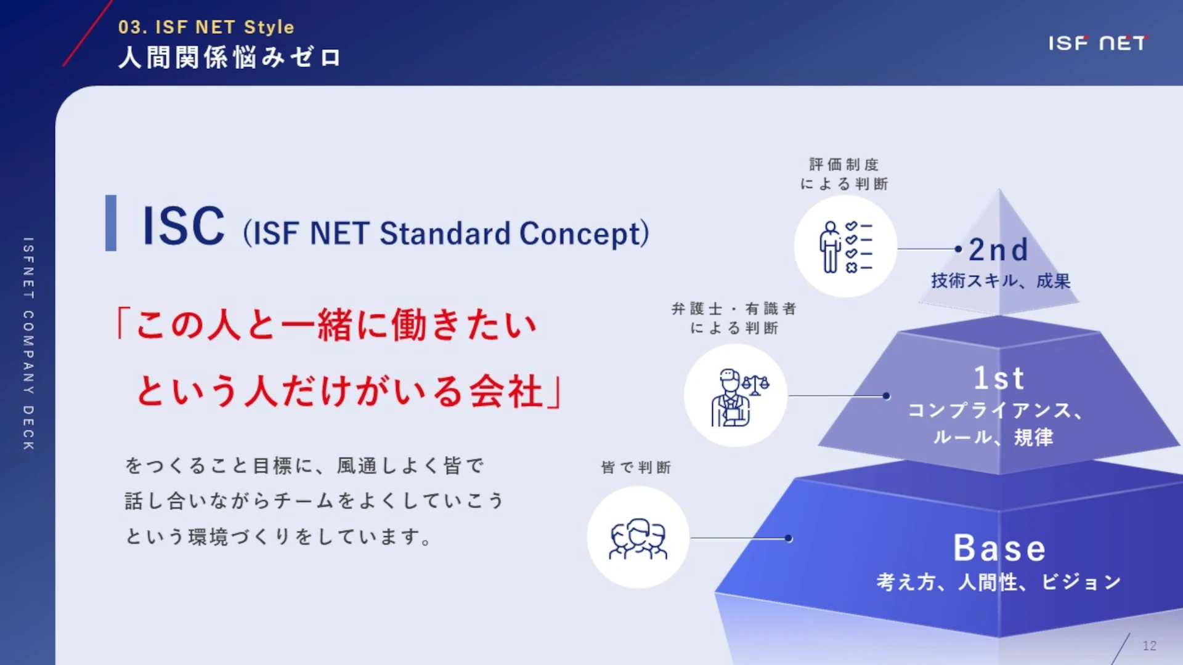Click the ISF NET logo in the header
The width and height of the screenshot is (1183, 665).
1097,43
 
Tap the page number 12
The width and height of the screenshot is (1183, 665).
1149,645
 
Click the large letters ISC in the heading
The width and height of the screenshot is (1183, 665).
183,226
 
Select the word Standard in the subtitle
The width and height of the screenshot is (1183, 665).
445,233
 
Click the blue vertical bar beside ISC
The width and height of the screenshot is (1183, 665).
111,223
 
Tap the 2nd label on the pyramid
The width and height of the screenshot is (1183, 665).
998,249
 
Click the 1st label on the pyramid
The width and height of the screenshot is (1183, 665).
999,378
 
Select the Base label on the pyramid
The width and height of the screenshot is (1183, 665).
999,548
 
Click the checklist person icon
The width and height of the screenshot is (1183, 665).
845,246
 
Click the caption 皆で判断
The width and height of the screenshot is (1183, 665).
636,467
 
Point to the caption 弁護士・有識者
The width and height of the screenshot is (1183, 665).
734,308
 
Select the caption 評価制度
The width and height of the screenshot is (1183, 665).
844,164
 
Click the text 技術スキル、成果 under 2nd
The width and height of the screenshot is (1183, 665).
1001,281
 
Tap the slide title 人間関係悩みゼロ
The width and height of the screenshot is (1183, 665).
229,57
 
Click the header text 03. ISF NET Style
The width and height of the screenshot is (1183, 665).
206,27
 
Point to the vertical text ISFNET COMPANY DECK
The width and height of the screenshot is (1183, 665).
28,343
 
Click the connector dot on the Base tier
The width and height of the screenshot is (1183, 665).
789,538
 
